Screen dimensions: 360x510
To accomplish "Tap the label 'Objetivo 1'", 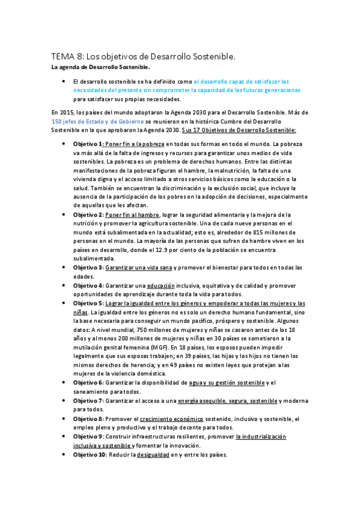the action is click(x=88, y=144).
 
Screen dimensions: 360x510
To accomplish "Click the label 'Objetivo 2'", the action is click(x=88, y=215).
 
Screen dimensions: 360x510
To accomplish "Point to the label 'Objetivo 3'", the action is click(x=88, y=267).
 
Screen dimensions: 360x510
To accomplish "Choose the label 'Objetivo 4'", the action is click(x=88, y=285).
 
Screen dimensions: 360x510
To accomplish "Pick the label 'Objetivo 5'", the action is click(x=88, y=303).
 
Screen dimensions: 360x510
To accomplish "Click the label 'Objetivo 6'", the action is click(x=88, y=382).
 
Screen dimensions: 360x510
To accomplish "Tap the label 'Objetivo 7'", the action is click(x=88, y=401).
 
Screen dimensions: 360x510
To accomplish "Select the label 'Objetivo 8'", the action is click(x=88, y=419).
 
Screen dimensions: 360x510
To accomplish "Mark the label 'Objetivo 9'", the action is click(x=88, y=436).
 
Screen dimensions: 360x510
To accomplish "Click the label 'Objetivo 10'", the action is click(x=90, y=455).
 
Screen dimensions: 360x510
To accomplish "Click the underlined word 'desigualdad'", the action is click(x=152, y=455).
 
